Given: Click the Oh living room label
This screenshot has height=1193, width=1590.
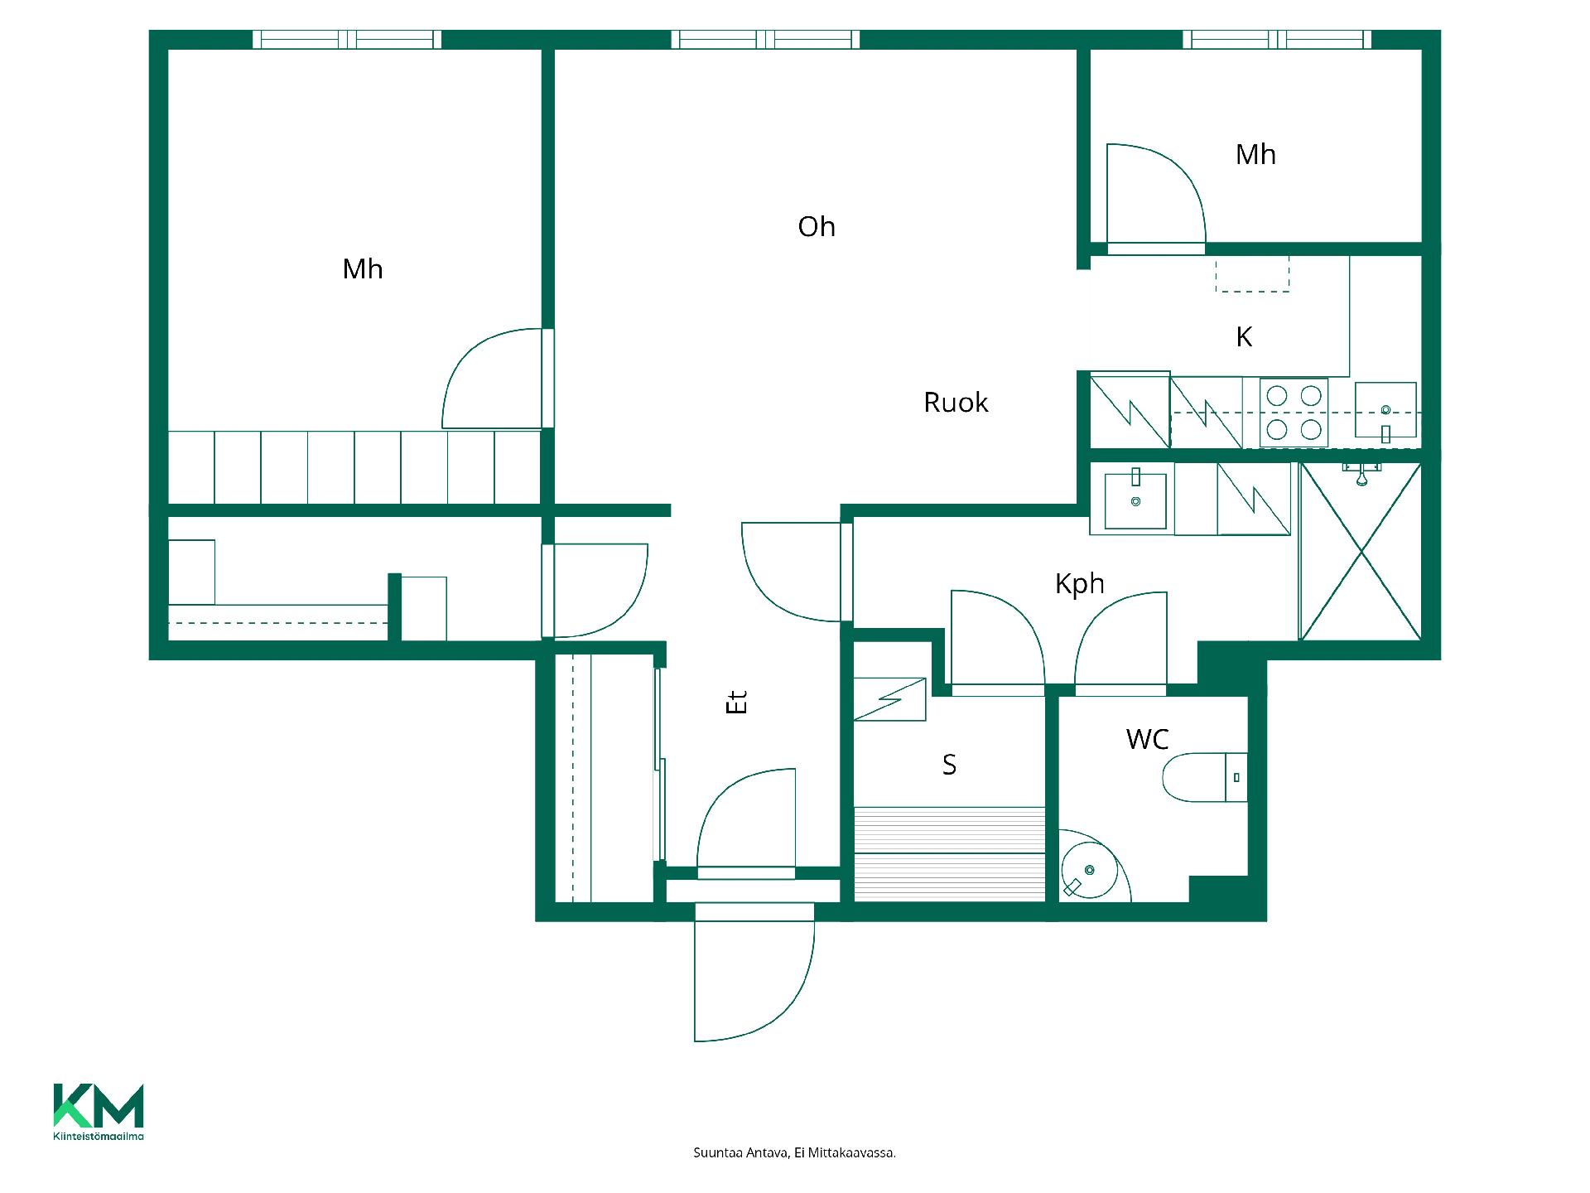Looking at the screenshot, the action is click(x=817, y=227).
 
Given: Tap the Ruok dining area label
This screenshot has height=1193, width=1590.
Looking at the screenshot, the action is click(x=956, y=403).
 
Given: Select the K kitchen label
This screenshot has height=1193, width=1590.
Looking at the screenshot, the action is click(x=1244, y=337).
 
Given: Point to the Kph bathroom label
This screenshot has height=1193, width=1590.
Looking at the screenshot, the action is click(x=1080, y=584).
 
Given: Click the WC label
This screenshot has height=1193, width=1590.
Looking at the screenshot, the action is click(x=1148, y=739).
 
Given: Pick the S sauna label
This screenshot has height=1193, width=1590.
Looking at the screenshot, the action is click(x=950, y=765).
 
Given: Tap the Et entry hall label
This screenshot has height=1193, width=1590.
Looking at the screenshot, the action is click(x=736, y=702).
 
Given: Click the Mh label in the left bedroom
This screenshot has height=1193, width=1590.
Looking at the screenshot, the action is click(x=363, y=269).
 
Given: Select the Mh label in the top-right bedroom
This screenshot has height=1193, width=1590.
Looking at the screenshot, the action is click(x=1255, y=155).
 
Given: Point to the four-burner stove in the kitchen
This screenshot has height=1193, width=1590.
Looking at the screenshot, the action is click(x=1294, y=413).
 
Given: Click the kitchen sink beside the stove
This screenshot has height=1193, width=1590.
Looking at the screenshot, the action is click(x=1385, y=411).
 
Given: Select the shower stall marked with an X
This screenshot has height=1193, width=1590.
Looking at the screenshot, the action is click(x=1361, y=552).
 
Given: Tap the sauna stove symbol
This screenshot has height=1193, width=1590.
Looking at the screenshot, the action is click(x=889, y=699).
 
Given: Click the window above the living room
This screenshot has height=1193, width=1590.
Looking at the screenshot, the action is click(x=765, y=39).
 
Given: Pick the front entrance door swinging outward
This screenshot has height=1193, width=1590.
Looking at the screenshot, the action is click(x=754, y=973).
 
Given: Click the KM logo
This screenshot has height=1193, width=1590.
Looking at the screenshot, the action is click(x=99, y=1112).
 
